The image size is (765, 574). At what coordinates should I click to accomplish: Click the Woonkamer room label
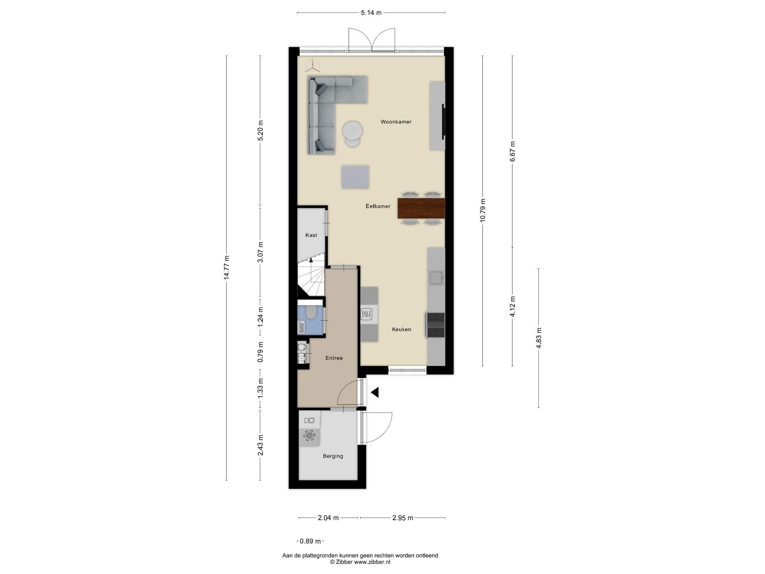[396, 122]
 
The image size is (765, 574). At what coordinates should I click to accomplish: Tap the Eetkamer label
[378, 206]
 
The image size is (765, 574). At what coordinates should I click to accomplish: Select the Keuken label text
[402, 330]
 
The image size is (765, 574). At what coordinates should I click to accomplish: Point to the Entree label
[334, 358]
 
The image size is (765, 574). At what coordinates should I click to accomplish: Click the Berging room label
[333, 456]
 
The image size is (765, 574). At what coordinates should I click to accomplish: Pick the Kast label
[311, 235]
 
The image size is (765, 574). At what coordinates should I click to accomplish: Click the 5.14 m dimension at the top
[371, 13]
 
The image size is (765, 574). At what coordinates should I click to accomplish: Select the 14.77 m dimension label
[226, 268]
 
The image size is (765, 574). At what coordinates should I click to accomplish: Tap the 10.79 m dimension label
[483, 210]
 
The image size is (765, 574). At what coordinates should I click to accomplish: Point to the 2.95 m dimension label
[403, 518]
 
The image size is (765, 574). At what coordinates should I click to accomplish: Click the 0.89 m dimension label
[310, 541]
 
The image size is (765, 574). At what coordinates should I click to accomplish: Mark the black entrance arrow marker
[375, 392]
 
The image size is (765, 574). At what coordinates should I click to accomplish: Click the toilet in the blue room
[311, 312]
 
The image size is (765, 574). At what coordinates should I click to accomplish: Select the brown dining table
[421, 209]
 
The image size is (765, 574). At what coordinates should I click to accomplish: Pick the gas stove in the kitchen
[435, 325]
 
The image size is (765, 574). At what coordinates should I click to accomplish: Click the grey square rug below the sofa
[355, 177]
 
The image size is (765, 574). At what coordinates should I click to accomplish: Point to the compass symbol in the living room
[312, 66]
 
